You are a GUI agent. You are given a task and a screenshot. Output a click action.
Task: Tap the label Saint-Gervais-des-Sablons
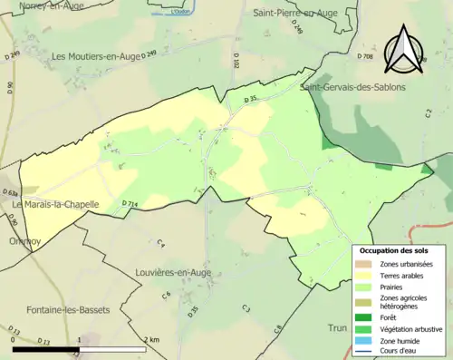pyautogui.click(x=353, y=87)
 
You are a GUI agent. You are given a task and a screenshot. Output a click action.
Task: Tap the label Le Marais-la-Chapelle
pyautogui.click(x=55, y=205)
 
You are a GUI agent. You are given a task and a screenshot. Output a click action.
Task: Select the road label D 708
pyautogui.click(x=364, y=56)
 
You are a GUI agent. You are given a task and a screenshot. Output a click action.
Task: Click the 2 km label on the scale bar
pyautogui.click(x=150, y=339)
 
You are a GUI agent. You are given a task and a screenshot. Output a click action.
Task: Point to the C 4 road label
pyautogui.click(x=161, y=244)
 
